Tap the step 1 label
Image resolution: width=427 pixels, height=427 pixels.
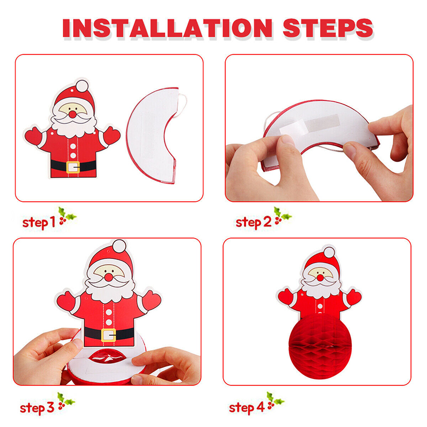(x=38, y=222)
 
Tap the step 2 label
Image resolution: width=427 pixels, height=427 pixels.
(x=254, y=222)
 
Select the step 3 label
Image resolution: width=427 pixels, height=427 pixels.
(x=37, y=408)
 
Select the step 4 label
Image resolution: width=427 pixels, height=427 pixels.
(x=247, y=408)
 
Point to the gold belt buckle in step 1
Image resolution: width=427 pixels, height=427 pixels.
(x=73, y=167)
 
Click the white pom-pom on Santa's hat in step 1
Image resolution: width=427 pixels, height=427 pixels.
(x=81, y=86)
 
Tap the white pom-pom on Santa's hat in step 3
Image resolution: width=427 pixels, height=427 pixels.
(x=120, y=246)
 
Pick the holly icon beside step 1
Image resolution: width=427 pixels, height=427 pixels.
(x=67, y=216)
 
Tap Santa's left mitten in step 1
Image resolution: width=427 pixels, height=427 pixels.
(x=33, y=136)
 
